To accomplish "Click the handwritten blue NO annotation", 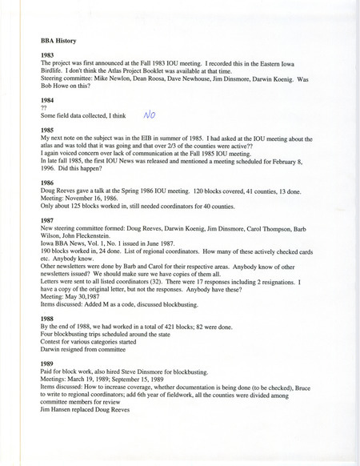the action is [149, 114].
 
